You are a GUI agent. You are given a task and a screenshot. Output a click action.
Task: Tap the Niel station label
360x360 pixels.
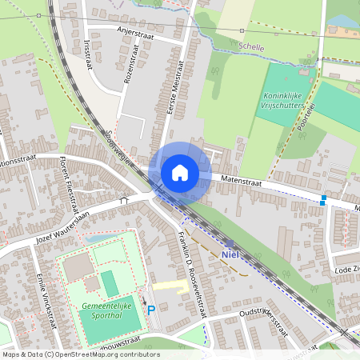pyautogui.click(x=229, y=254)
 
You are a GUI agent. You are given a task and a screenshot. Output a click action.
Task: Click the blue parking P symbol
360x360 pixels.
pyautogui.click(x=150, y=309)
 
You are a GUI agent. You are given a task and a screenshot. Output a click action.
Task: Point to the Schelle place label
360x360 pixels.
pyautogui.click(x=274, y=47)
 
